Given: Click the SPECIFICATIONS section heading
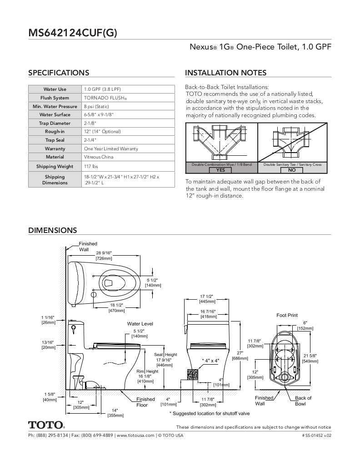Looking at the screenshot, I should tap(59, 73).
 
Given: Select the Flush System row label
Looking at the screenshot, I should tap(55, 98).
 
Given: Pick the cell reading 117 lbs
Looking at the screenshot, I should tap(91, 166).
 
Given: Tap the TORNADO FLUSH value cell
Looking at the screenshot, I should tap(105, 98).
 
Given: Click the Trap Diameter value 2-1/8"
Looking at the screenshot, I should tap(90, 123).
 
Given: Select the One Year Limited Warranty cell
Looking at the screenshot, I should tap(111, 148).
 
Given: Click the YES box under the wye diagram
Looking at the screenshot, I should tap(220, 170).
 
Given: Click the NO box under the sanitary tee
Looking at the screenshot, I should tap(292, 170).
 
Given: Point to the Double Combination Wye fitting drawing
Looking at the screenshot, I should tap(221, 142).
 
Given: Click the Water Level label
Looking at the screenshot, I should tap(140, 324).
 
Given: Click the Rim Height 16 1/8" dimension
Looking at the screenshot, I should tap(147, 376).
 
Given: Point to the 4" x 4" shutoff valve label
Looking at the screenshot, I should tap(210, 360).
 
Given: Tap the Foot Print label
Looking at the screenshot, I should tap(287, 315).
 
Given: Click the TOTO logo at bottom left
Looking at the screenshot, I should tap(46, 425).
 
